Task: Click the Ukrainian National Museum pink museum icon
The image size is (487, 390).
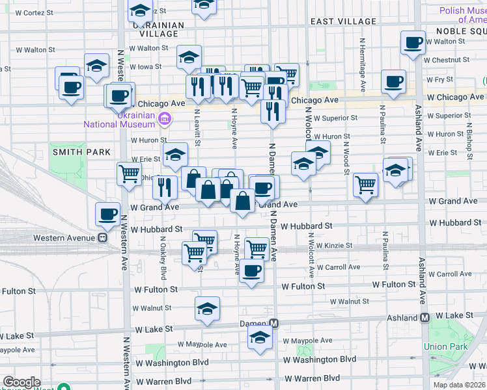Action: pos(165,118)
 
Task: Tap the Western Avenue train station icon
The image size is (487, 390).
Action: pos(102,238)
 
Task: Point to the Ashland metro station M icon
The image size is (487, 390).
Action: pos(424,318)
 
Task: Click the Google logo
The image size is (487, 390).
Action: pos(21,383)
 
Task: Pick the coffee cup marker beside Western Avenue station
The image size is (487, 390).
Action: pos(107,213)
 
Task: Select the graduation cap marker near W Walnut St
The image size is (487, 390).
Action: pos(208,307)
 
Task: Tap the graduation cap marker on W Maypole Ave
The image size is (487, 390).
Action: pos(260,337)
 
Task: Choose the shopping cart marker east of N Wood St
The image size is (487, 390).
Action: pos(365,185)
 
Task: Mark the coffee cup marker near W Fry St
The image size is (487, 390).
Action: pos(393,82)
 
